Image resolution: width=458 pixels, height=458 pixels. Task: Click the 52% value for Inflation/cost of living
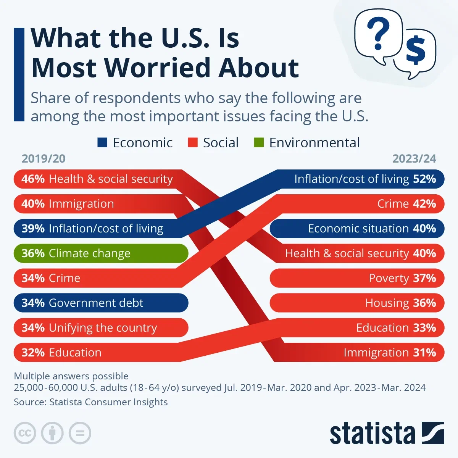point(424,179)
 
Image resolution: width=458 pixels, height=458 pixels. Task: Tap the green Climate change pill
point(101,253)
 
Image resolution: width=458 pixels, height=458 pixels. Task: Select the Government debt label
point(96,303)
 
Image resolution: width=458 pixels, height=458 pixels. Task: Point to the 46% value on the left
point(33,179)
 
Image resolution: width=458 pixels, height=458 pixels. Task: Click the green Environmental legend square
point(259,143)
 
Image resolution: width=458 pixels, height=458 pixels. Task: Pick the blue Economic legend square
point(102,143)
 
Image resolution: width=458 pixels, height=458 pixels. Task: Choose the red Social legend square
point(193,143)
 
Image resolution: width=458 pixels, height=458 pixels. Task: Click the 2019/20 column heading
point(44,159)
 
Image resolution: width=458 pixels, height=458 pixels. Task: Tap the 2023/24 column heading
point(414,159)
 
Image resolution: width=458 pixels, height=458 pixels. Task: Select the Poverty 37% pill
point(357,278)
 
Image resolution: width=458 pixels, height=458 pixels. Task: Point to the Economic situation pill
point(357,229)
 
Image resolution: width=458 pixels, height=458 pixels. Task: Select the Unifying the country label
point(103,328)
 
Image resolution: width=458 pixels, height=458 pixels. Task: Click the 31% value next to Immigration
point(424,353)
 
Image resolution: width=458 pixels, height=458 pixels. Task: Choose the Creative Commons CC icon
point(25,433)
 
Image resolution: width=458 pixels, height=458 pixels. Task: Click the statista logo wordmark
point(372,434)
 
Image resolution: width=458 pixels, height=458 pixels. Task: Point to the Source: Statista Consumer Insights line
point(91,402)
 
